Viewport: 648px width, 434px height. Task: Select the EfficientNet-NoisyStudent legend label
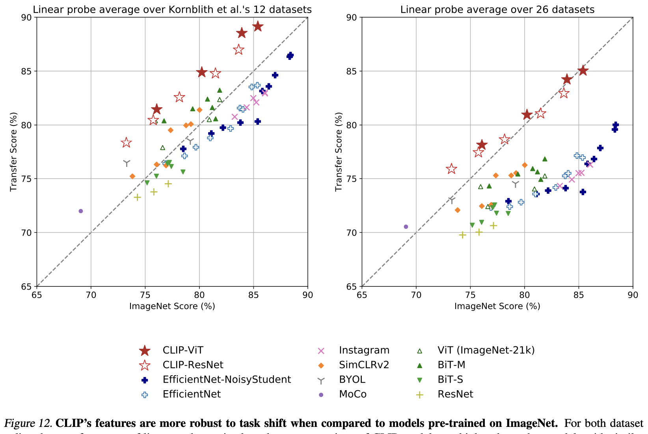[x=227, y=380]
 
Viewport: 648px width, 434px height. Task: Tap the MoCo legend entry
[x=353, y=394]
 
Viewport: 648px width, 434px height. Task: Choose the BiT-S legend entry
[x=450, y=380]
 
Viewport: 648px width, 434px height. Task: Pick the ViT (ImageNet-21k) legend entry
[x=486, y=350]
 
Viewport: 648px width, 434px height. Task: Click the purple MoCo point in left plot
[x=81, y=211]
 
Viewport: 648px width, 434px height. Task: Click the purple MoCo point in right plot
[x=406, y=227]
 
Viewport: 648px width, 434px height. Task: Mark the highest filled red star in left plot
[x=258, y=26]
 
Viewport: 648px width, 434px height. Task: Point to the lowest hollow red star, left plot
[x=126, y=142]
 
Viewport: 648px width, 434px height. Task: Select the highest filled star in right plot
[x=583, y=71]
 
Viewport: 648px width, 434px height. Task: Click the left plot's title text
[x=172, y=9]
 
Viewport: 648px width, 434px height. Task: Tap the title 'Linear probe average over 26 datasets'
[x=497, y=9]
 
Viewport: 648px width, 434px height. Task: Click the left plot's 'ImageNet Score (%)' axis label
[x=172, y=306]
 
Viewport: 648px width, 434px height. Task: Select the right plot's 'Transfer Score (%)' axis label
[x=339, y=152]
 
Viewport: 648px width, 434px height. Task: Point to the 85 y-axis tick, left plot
[x=28, y=71]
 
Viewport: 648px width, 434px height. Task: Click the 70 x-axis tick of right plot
[x=416, y=294]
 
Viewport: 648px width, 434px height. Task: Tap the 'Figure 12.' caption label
[x=28, y=423]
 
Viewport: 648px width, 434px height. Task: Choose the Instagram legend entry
[x=364, y=350]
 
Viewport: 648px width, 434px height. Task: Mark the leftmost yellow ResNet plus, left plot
[x=137, y=197]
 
